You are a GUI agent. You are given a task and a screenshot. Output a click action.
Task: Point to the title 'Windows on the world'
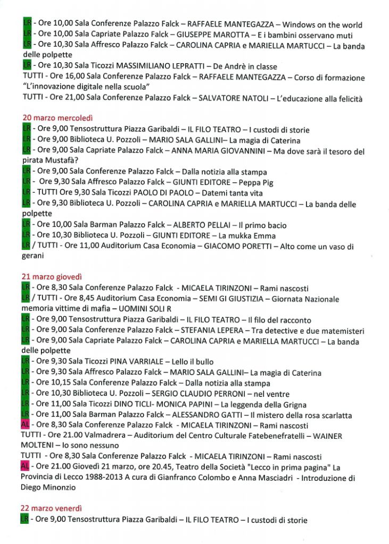pos(322,25)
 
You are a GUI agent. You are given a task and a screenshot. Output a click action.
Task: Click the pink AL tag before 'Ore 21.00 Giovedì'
pos(24,467)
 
